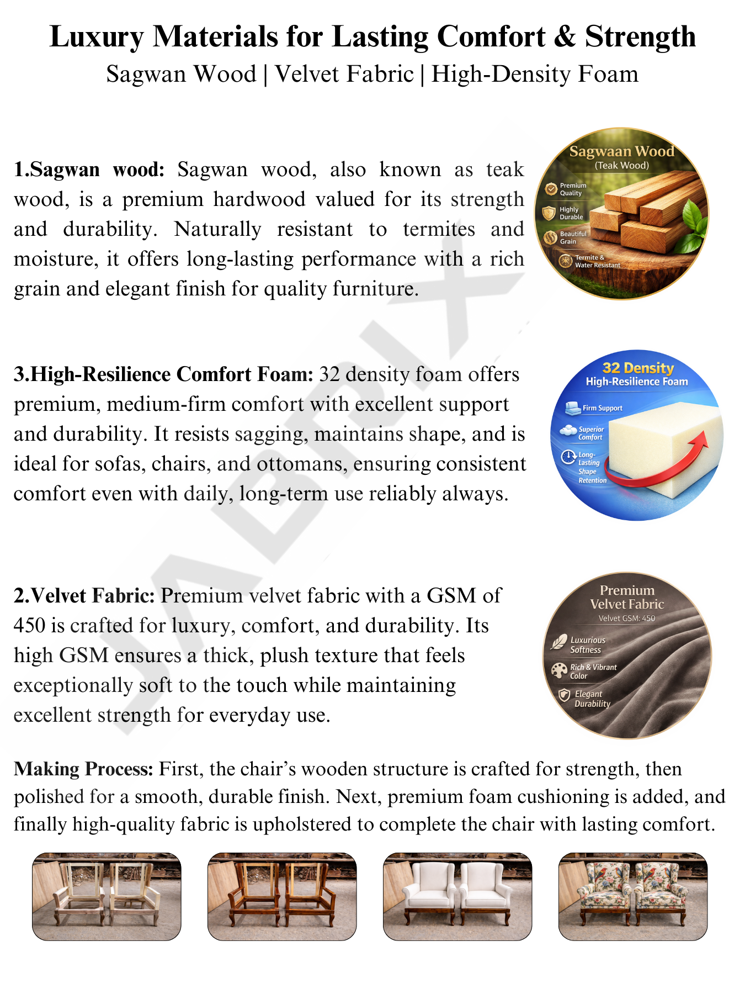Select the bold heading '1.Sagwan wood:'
(x=89, y=170)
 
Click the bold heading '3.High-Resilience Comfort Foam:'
(x=163, y=374)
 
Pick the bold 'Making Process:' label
(x=83, y=769)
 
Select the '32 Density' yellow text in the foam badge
(x=638, y=368)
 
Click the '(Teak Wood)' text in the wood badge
(x=621, y=166)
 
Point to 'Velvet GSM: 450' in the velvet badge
(x=627, y=618)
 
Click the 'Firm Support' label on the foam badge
(x=602, y=408)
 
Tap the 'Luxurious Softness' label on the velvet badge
(x=587, y=645)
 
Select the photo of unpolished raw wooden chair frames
(x=107, y=896)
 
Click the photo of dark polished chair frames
(x=282, y=896)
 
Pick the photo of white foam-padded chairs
(x=457, y=896)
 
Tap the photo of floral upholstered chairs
(x=633, y=896)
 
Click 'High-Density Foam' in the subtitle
(x=535, y=74)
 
